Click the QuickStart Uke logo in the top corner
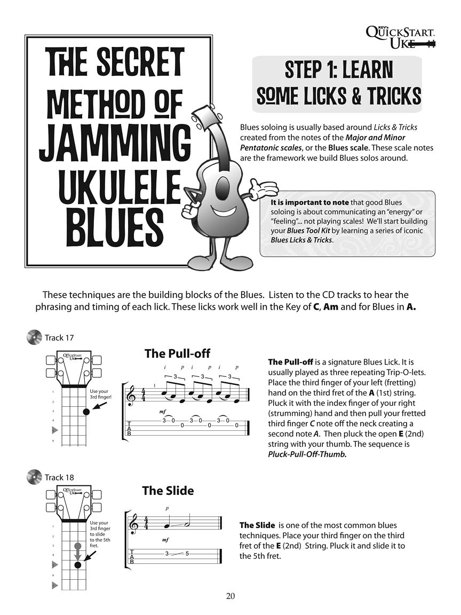(401, 37)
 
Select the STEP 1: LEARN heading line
(339, 70)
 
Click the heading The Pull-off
(177, 353)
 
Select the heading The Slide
(168, 491)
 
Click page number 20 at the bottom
(230, 596)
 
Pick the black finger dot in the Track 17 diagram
(85, 412)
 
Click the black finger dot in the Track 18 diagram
(78, 565)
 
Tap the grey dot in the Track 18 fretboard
(78, 546)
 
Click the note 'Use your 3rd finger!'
(99, 395)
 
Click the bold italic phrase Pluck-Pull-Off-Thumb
(307, 454)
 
